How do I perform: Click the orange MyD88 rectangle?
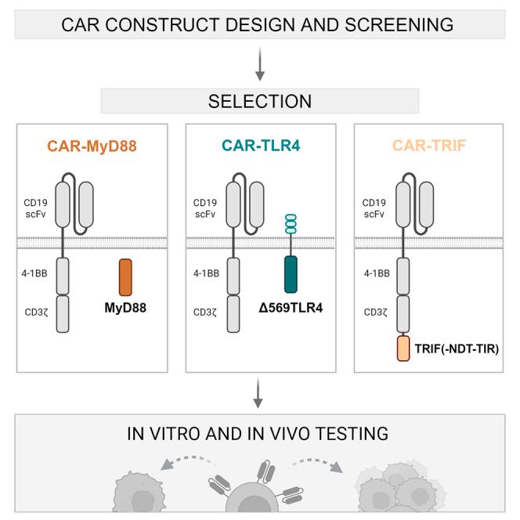click(x=125, y=277)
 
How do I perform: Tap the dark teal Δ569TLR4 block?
click(x=291, y=274)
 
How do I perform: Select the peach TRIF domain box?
click(x=403, y=348)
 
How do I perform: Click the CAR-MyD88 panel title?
click(x=92, y=146)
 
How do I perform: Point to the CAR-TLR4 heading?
click(x=261, y=146)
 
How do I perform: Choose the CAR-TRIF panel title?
click(x=429, y=146)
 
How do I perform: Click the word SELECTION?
click(x=260, y=101)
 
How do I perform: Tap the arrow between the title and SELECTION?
click(x=260, y=64)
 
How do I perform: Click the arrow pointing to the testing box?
click(x=258, y=393)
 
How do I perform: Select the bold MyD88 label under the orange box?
click(x=125, y=308)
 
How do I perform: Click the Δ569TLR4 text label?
click(x=291, y=308)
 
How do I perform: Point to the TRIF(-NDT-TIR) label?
click(x=457, y=348)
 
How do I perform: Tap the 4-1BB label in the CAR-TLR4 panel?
click(x=206, y=273)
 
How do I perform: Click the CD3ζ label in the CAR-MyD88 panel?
click(x=37, y=312)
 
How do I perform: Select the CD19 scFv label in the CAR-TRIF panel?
click(x=374, y=208)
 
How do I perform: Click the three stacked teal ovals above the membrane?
click(x=291, y=224)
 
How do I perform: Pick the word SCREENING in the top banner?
click(x=399, y=25)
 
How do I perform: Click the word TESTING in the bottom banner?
click(x=352, y=434)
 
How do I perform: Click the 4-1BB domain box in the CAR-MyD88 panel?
click(x=63, y=276)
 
